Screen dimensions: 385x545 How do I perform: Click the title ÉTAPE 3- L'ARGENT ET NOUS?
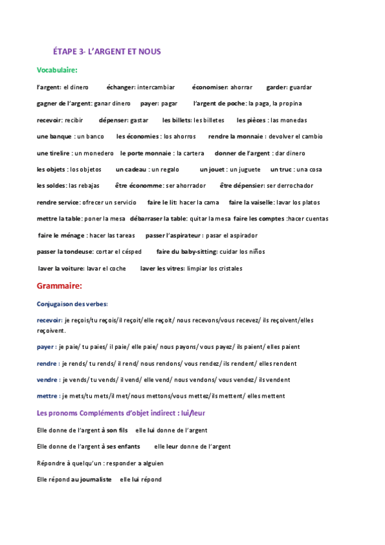tap(106, 51)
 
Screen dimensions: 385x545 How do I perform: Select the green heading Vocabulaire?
tap(57, 69)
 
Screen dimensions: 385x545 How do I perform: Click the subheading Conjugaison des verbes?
tap(72, 303)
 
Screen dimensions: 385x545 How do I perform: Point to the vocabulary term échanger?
tap(120, 87)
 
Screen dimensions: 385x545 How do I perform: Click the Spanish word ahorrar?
tap(241, 87)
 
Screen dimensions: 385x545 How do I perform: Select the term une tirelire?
tap(54, 153)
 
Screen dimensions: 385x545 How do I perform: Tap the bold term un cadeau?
tap(130, 170)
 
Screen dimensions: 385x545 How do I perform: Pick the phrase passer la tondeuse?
tap(65, 251)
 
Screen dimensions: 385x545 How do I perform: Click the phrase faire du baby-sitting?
tap(186, 251)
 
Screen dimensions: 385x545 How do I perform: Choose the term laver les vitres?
tap(161, 268)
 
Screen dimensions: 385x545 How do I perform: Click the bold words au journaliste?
tap(91, 479)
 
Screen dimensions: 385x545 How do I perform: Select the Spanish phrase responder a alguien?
tap(133, 463)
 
